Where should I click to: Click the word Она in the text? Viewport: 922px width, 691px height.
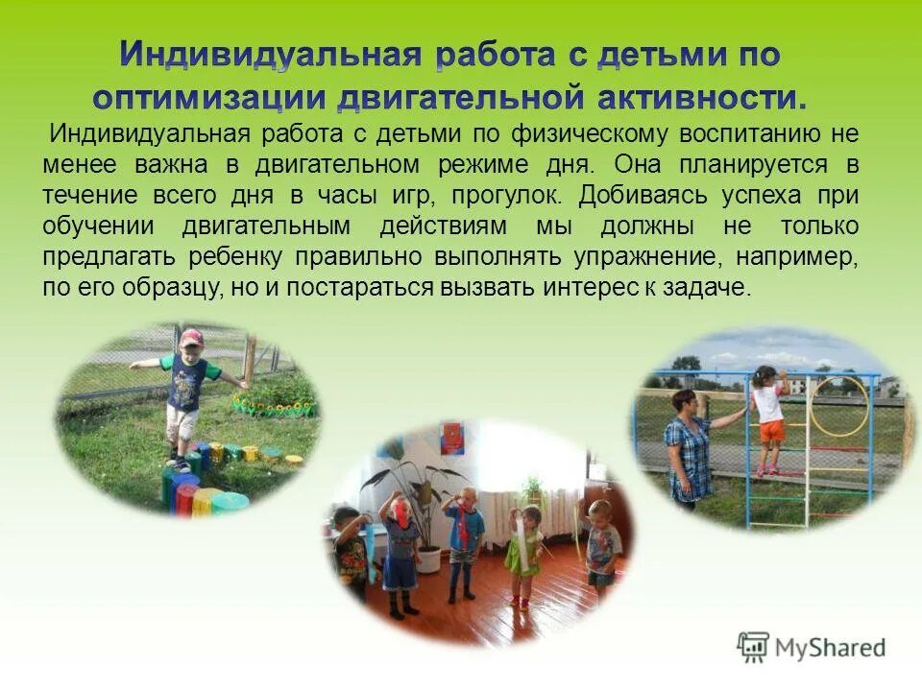click(640, 164)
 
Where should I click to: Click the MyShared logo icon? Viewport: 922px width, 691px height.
click(753, 647)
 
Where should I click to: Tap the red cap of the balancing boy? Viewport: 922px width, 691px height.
click(192, 338)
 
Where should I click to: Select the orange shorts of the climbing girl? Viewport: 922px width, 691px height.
click(771, 432)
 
